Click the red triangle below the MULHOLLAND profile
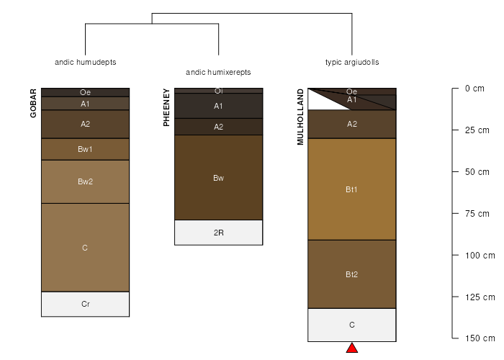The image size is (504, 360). pyautogui.click(x=352, y=348)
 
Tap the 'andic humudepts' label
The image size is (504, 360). pyautogui.click(x=86, y=62)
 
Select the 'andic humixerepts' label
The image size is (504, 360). pyautogui.click(x=218, y=72)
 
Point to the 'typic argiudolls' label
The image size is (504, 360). pyautogui.click(x=352, y=62)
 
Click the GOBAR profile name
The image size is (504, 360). pyautogui.click(x=33, y=103)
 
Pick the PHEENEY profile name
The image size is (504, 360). pyautogui.click(x=166, y=107)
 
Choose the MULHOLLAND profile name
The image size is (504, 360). pyautogui.click(x=300, y=117)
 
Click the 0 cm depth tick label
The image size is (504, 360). pyautogui.click(x=474, y=89)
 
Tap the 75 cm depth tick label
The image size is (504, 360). pyautogui.click(x=477, y=214)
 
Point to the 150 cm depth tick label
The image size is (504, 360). pyautogui.click(x=480, y=338)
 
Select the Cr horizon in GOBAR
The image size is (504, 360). pyautogui.click(x=86, y=304)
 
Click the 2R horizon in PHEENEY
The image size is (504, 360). pyautogui.click(x=219, y=233)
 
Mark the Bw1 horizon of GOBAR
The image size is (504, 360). pyautogui.click(x=86, y=149)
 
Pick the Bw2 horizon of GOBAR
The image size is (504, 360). pyautogui.click(x=86, y=181)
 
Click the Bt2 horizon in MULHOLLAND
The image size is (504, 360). pyautogui.click(x=352, y=274)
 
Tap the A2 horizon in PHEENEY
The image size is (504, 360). pyautogui.click(x=219, y=127)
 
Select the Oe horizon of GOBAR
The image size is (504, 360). pyautogui.click(x=86, y=92)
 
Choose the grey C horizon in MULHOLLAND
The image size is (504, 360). pyautogui.click(x=352, y=325)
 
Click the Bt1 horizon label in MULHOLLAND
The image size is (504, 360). pyautogui.click(x=351, y=189)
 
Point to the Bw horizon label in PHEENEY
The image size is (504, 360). pyautogui.click(x=219, y=178)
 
